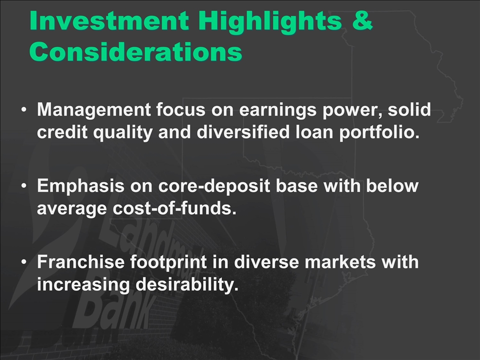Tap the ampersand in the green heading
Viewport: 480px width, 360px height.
[362, 20]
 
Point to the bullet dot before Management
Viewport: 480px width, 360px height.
[24, 109]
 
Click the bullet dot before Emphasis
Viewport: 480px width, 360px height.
[24, 185]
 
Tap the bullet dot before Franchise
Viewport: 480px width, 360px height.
[24, 261]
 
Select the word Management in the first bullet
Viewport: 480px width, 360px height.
[94, 110]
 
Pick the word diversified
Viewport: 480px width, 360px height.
[243, 132]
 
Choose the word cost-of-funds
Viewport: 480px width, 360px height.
[174, 208]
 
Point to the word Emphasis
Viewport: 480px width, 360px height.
[80, 186]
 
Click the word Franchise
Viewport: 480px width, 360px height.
[81, 262]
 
